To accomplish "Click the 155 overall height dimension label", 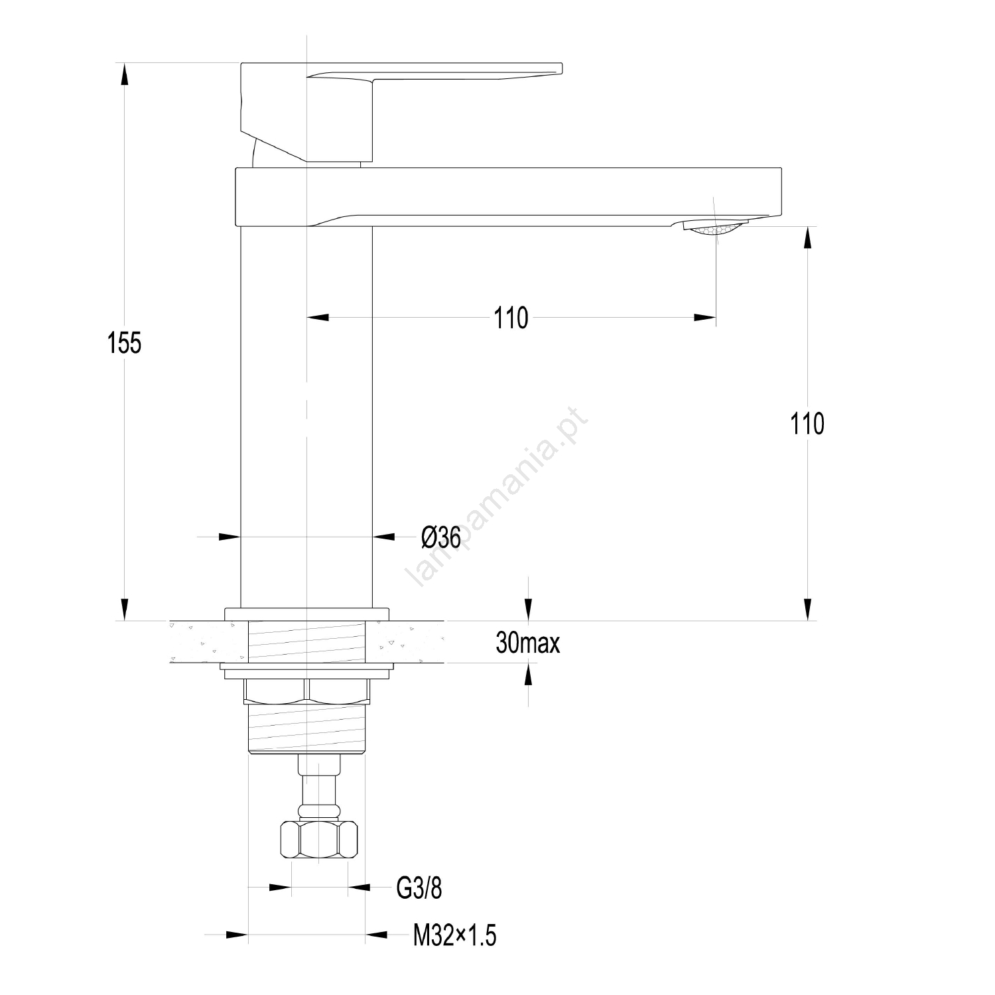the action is [x=125, y=343].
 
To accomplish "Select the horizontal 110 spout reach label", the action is [x=511, y=318].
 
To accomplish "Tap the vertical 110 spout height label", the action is [x=807, y=423].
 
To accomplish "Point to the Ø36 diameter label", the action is [x=440, y=537].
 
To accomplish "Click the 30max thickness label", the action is [x=527, y=643].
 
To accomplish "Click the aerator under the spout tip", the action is [x=714, y=228].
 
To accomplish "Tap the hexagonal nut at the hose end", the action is [x=318, y=840].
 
